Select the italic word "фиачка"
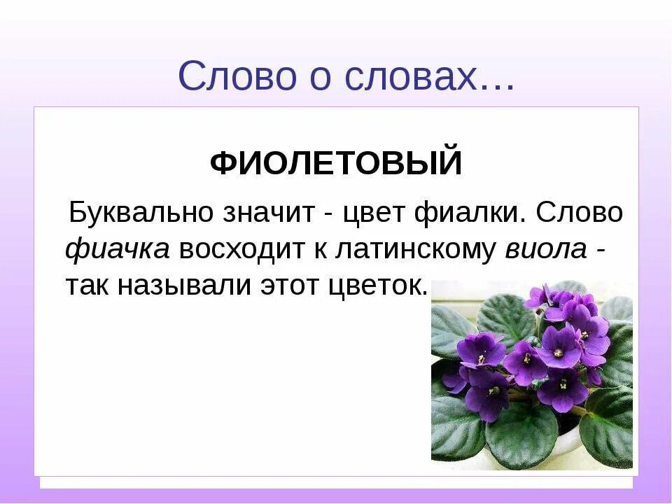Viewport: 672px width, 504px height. coord(118,249)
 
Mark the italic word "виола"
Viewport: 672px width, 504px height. coord(545,249)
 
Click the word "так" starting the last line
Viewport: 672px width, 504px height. coord(85,286)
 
